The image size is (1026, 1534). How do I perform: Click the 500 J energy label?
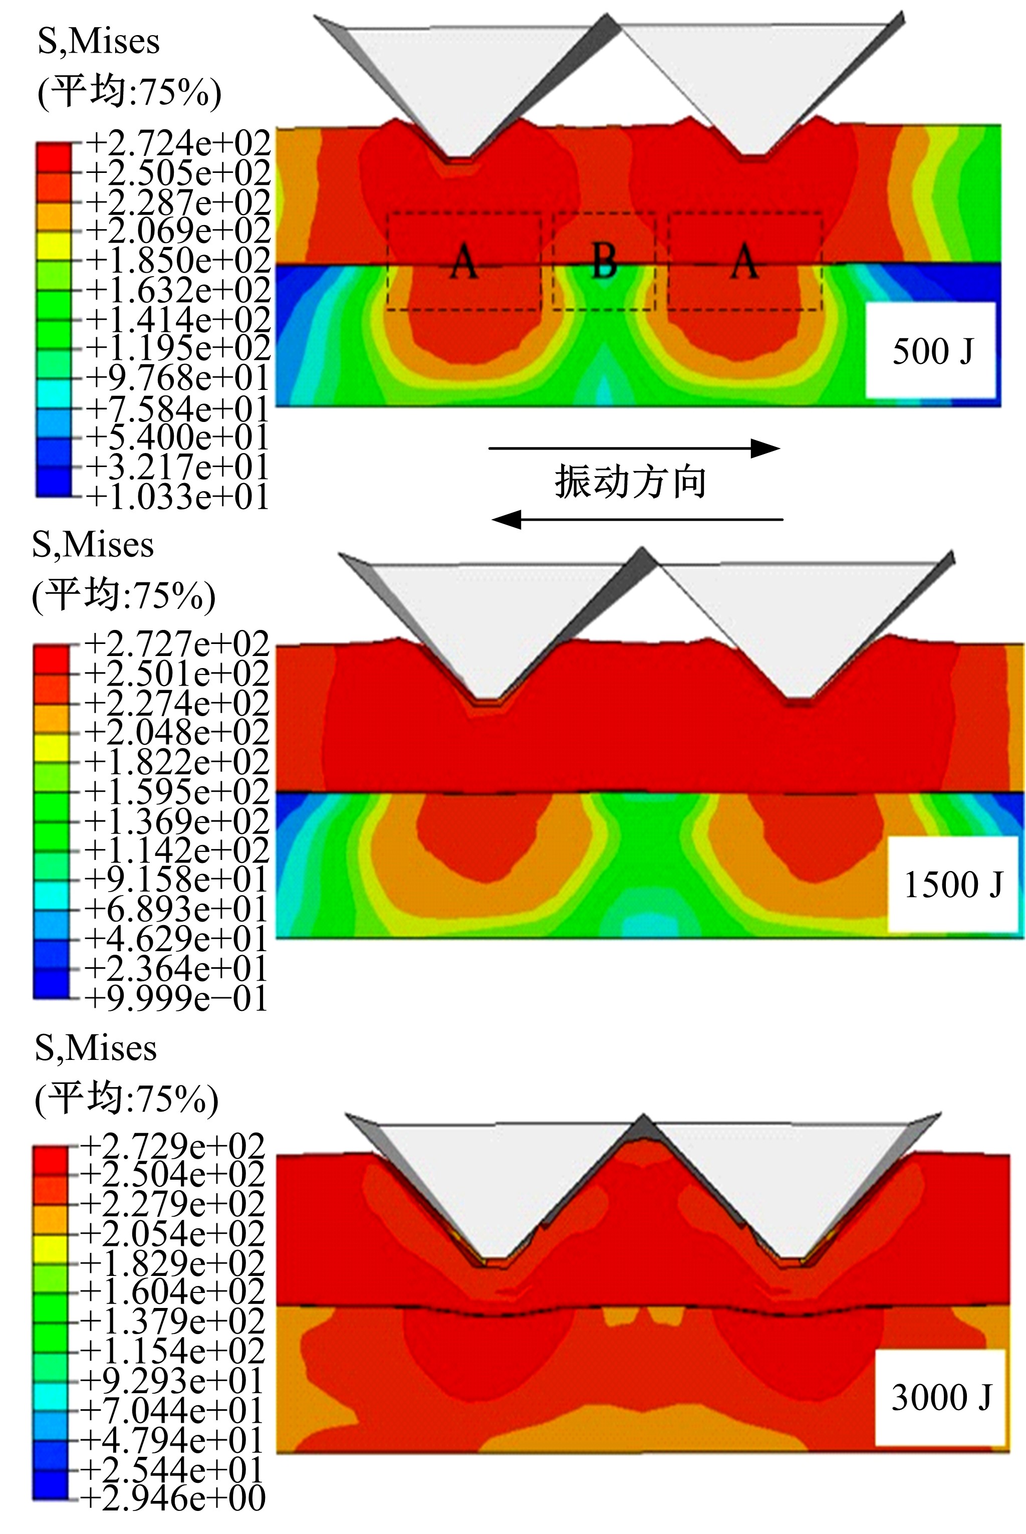(932, 351)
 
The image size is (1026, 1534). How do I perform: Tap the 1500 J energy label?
(953, 885)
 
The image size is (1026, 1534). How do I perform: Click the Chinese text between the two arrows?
(630, 482)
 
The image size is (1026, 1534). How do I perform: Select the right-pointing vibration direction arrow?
(634, 449)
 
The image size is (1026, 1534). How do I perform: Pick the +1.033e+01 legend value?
(177, 497)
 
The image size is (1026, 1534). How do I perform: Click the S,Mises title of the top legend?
(99, 42)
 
